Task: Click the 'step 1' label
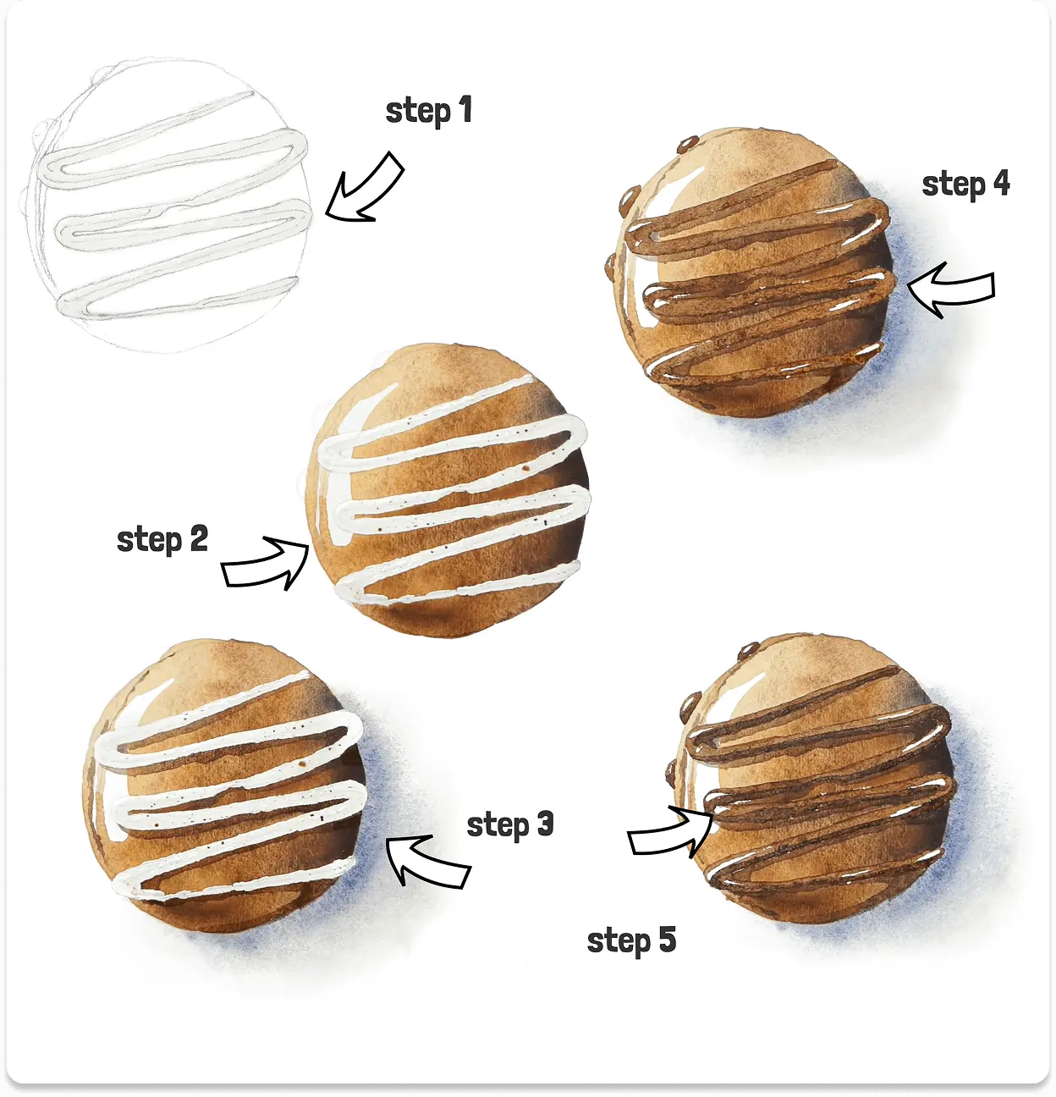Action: (428, 111)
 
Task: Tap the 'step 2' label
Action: (162, 539)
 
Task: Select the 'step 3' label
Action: (510, 824)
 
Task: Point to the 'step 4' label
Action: (965, 184)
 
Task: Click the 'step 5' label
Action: (631, 940)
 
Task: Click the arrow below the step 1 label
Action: (366, 188)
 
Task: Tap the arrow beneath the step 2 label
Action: (265, 564)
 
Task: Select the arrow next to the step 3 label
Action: (428, 861)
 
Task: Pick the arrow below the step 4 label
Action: (951, 289)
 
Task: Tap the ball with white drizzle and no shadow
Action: (446, 489)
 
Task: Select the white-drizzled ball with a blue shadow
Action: (225, 786)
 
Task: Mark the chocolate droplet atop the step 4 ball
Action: (687, 143)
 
